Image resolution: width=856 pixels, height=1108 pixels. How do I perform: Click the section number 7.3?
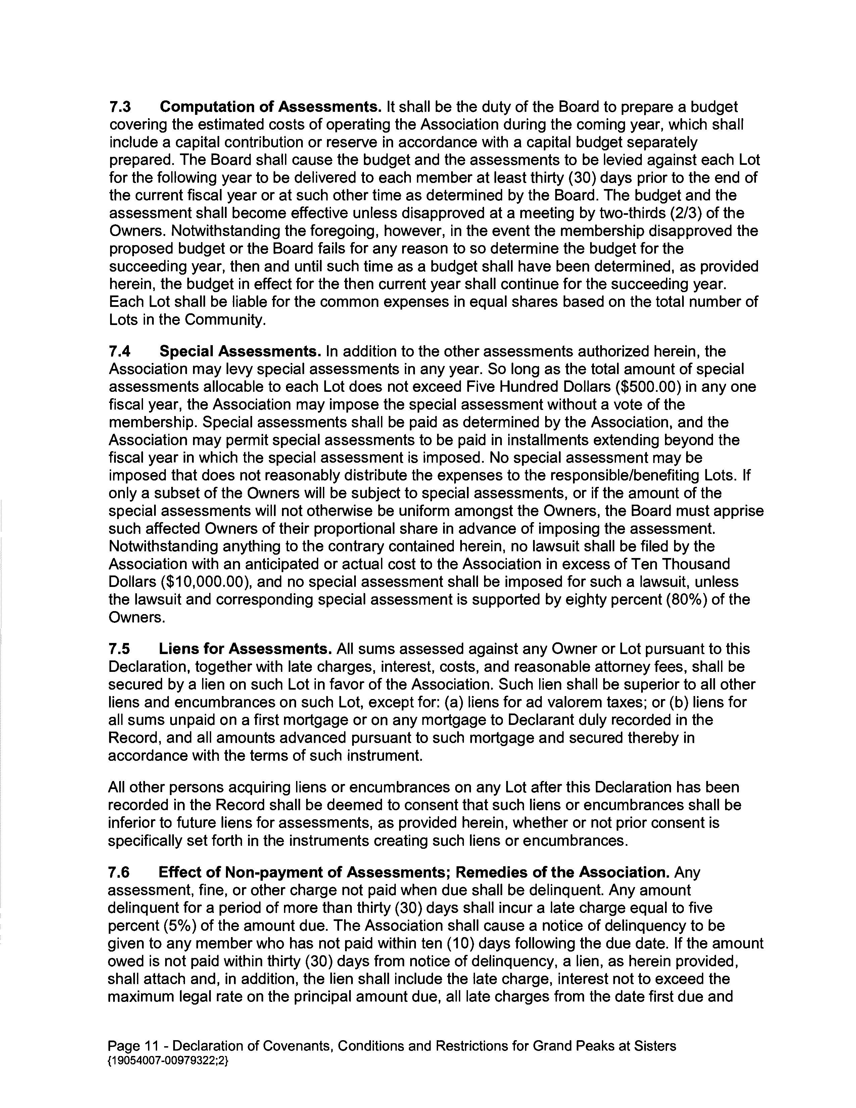point(120,107)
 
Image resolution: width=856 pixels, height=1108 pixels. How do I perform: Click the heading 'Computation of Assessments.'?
point(270,107)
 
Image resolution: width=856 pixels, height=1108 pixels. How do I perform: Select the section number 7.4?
point(120,351)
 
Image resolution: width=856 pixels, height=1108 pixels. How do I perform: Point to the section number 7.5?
point(120,649)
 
